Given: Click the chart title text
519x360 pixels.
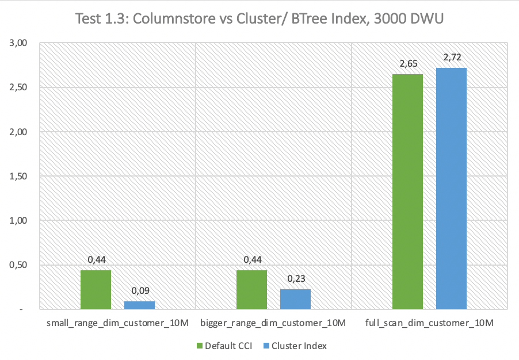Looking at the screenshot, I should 259,19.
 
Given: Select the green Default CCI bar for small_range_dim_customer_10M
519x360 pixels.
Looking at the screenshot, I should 96,289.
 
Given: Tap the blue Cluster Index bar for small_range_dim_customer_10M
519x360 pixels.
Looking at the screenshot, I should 140,305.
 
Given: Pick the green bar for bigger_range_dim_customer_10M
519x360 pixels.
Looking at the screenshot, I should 251,289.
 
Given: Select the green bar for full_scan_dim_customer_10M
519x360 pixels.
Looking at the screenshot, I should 407,192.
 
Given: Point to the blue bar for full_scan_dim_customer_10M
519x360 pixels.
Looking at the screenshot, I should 451,189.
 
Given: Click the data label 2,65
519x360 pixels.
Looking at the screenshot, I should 407,63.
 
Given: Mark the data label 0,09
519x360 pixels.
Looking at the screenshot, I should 140,290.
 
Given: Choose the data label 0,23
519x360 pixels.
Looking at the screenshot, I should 296,278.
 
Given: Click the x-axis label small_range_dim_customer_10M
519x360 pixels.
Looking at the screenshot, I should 118,324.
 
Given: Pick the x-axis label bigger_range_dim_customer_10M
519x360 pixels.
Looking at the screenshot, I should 273,324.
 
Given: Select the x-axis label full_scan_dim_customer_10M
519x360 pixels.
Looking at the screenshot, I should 429,324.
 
